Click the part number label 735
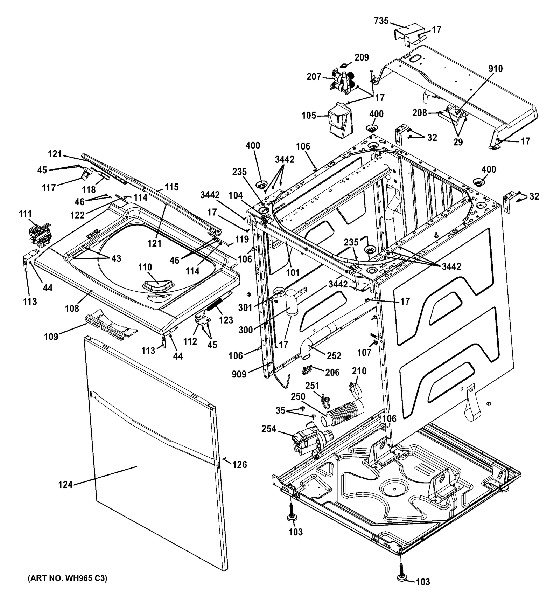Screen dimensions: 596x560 pyautogui.click(x=381, y=21)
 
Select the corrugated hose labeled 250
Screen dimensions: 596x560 pyautogui.click(x=345, y=413)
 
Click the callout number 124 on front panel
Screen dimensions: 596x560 pyautogui.click(x=65, y=485)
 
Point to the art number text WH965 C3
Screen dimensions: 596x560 pyautogui.click(x=67, y=578)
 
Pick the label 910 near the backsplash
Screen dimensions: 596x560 pyautogui.click(x=495, y=68)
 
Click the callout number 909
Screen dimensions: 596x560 pyautogui.click(x=239, y=374)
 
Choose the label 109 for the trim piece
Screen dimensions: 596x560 pyautogui.click(x=51, y=337)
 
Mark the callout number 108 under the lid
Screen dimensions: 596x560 pyautogui.click(x=72, y=308)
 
